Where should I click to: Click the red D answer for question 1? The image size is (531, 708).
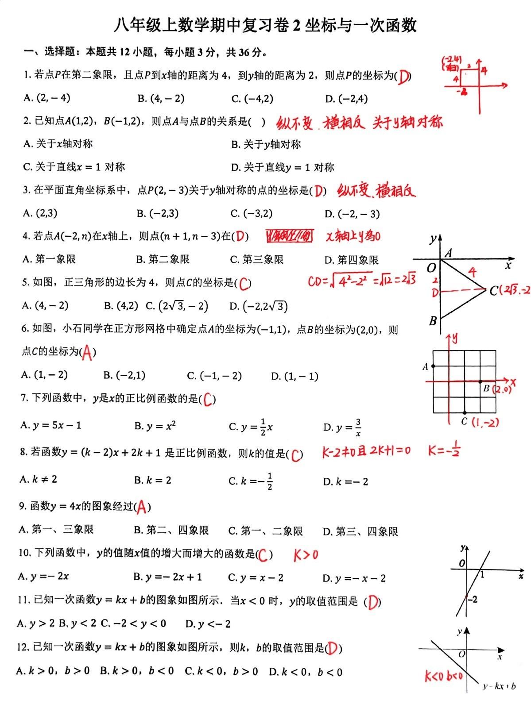coord(403,77)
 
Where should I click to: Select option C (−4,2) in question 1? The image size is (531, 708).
coord(252,99)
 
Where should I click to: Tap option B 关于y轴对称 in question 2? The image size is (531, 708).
coord(266,144)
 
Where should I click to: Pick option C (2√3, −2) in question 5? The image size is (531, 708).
coord(178,306)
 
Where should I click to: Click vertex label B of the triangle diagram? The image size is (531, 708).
coord(433,320)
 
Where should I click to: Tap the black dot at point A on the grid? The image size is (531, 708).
coord(434,366)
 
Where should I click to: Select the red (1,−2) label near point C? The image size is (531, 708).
coord(485,422)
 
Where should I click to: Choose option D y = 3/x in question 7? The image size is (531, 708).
coord(343,427)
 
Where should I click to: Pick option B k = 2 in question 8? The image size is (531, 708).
coord(153,481)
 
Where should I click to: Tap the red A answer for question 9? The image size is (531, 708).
coord(141,507)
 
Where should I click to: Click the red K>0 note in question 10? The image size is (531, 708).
coord(306,554)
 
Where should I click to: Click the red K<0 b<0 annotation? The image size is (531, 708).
coord(444,676)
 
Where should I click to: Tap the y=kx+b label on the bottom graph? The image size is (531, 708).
coord(499,686)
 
